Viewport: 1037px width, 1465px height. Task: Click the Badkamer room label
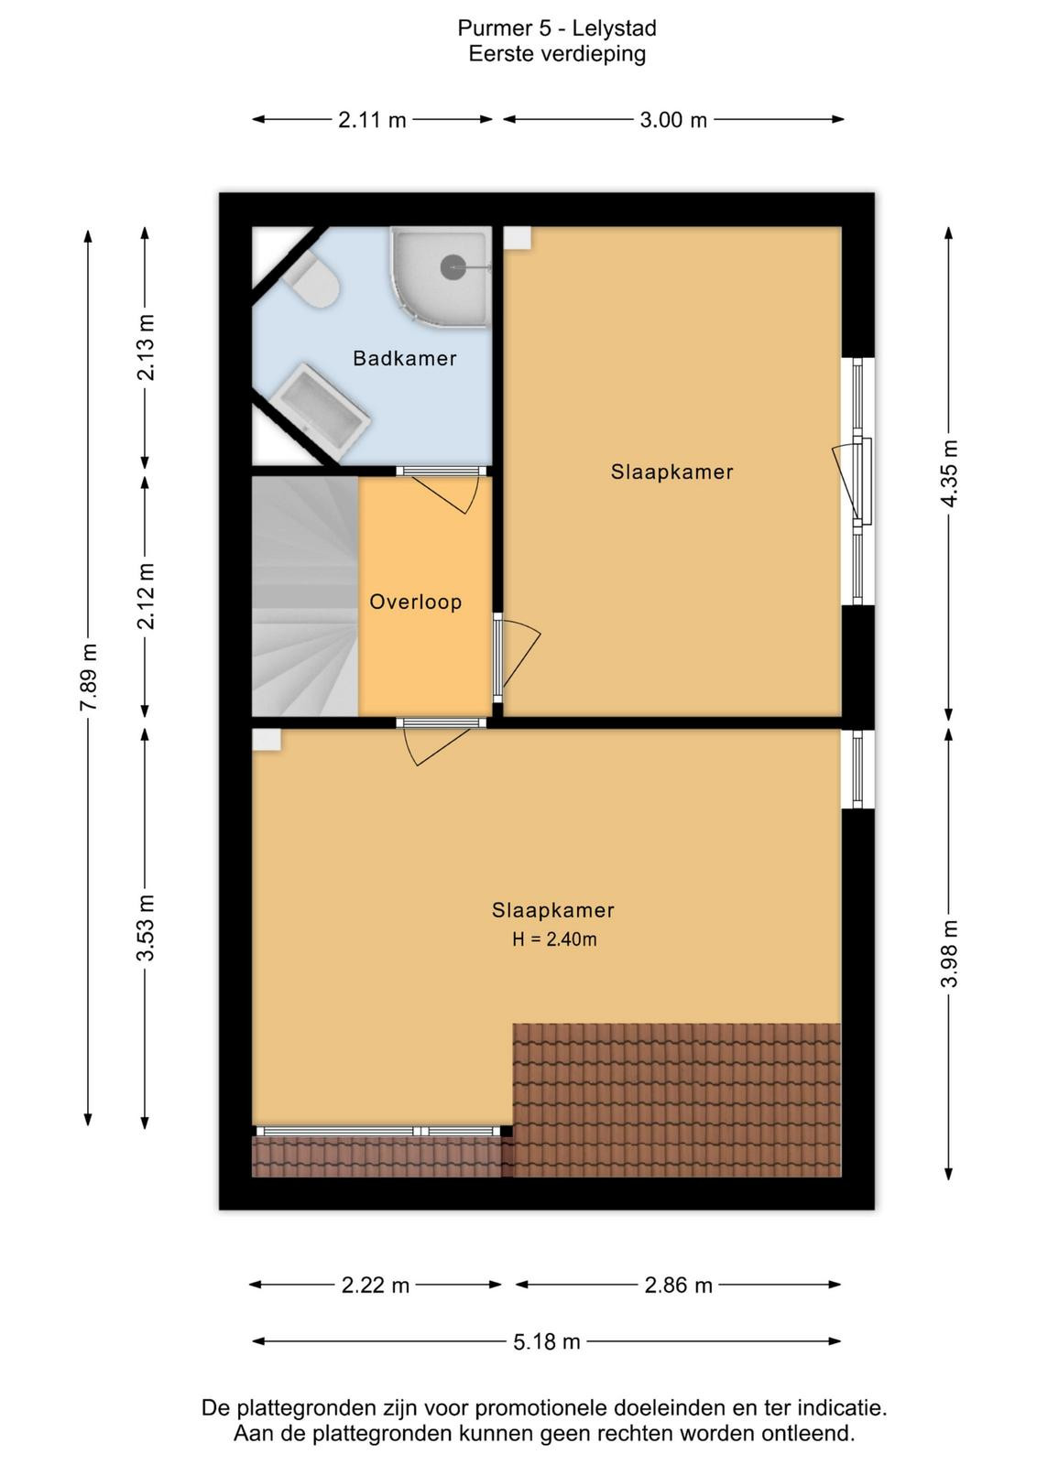coord(404,358)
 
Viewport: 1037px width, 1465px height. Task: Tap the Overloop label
coord(416,602)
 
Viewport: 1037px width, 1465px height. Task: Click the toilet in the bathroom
coord(312,280)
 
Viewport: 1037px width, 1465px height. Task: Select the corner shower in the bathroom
coord(442,276)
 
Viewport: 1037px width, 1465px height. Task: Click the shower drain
coord(453,266)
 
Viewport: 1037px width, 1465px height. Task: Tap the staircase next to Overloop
coord(305,596)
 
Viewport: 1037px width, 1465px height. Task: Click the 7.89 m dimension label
coord(89,677)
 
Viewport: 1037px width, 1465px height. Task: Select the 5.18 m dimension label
coord(546,1342)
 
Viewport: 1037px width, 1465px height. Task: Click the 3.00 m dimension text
coord(673,120)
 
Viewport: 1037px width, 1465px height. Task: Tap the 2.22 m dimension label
coord(375,1286)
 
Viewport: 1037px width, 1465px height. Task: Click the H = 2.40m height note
coord(554,939)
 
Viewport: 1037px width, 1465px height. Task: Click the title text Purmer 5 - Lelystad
coord(557,28)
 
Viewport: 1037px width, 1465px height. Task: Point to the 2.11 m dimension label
coord(372,120)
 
